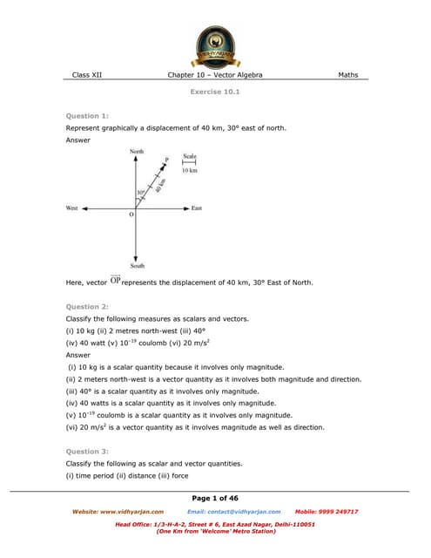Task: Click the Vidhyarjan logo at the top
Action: (x=214, y=43)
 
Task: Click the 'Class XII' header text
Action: (x=87, y=75)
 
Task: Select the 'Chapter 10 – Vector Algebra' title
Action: (x=215, y=75)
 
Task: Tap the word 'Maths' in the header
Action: (x=347, y=75)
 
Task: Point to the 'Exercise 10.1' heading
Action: (x=214, y=91)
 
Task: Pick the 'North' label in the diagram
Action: (x=137, y=152)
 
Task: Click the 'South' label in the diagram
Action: (x=138, y=265)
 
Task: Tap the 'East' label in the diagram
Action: (x=197, y=208)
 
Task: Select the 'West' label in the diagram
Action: (x=72, y=208)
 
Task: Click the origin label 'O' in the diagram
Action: (x=131, y=214)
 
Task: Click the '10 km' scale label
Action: (x=190, y=171)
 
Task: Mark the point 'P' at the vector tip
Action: (x=166, y=160)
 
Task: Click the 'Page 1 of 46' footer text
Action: (x=215, y=497)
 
